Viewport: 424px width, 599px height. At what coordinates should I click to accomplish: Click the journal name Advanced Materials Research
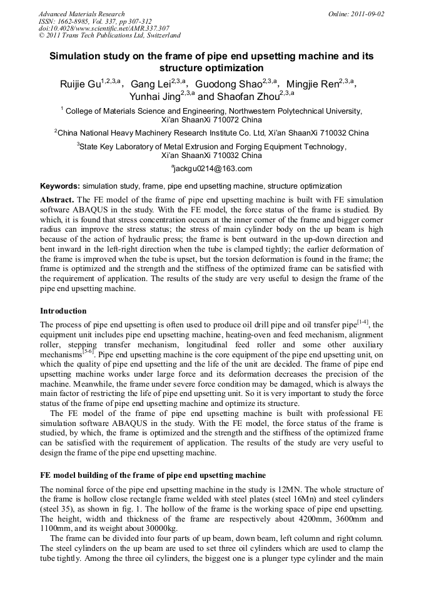tap(81, 13)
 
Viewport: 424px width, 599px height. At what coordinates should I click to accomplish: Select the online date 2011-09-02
tap(370, 13)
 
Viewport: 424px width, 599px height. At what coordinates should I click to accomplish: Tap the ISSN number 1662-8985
tap(73, 21)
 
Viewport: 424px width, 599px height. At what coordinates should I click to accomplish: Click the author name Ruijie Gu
tap(81, 84)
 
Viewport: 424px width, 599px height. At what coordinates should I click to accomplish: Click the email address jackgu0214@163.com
tap(213, 169)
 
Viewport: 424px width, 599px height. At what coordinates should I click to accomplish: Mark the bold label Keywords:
tap(60, 186)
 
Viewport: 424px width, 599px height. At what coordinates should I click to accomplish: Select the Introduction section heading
tap(63, 310)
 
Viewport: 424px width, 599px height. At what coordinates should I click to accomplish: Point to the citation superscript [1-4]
tap(362, 322)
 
